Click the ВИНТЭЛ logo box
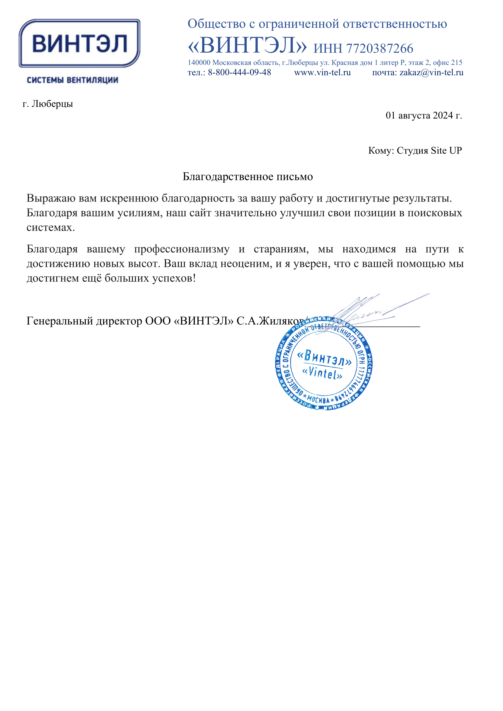point(79,43)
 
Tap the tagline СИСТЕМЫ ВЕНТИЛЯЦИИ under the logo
point(72,80)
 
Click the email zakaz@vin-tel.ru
point(431,72)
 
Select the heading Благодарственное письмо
point(248,177)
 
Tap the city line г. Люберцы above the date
point(48,104)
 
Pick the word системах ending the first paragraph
point(50,227)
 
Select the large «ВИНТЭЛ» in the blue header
point(247,46)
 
